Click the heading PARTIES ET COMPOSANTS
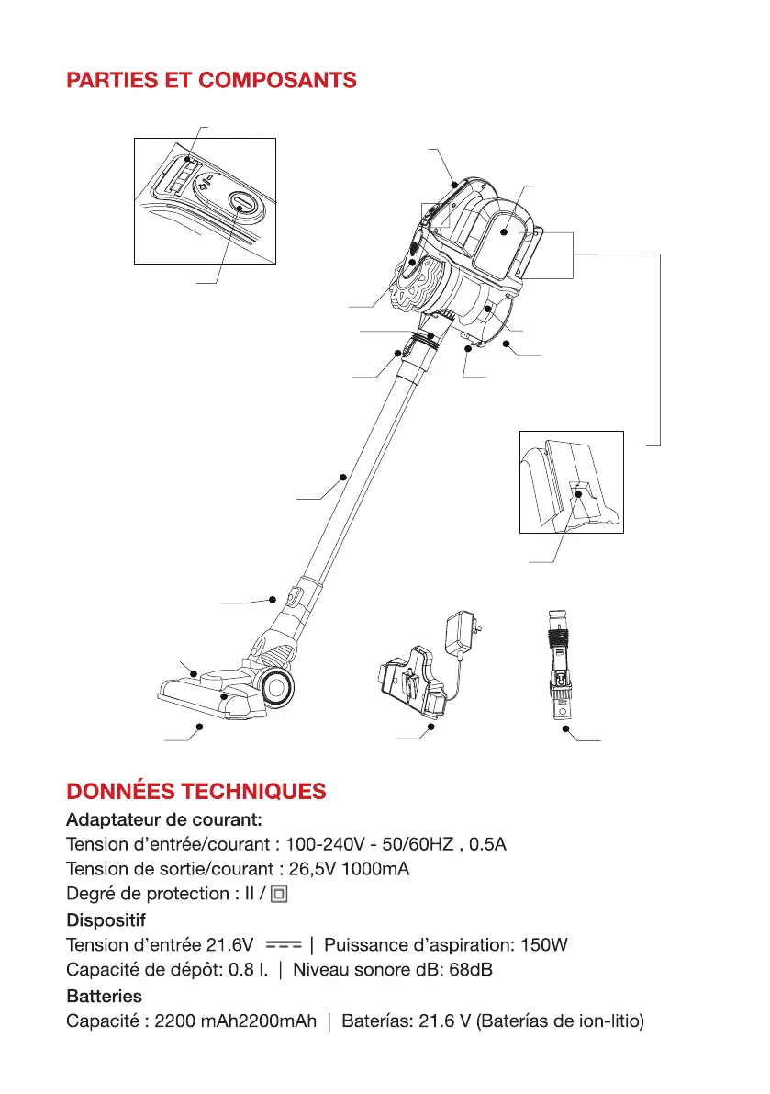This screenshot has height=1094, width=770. pos(211,80)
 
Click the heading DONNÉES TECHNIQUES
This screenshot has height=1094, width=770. pos(195,792)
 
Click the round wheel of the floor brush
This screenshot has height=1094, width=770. pos(278,685)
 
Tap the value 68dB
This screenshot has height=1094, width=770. pos(475,969)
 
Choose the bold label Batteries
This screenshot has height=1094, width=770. pos(104,996)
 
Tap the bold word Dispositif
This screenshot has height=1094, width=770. pos(106,919)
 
